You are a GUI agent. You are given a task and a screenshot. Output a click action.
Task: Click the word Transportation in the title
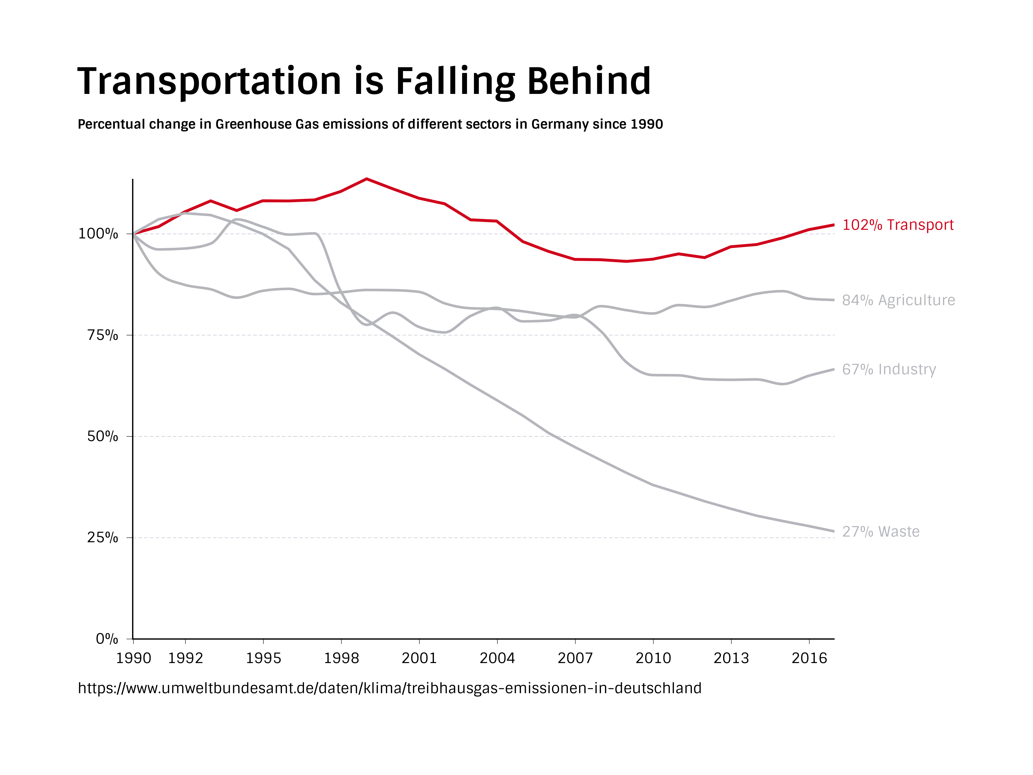coord(209,82)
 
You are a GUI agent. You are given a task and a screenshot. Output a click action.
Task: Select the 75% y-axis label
coord(103,335)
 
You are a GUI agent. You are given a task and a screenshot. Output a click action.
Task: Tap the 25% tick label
coord(103,538)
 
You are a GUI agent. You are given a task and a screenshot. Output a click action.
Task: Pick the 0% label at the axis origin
coord(107,639)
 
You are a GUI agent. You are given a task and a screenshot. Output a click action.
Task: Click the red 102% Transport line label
coord(898,225)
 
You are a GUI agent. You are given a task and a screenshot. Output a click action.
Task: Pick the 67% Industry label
coord(889,369)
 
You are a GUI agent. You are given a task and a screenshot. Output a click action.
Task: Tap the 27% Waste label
coord(881,532)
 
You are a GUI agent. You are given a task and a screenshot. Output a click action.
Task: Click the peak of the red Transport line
coord(367,179)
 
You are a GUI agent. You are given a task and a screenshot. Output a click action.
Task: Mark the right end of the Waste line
coord(833,531)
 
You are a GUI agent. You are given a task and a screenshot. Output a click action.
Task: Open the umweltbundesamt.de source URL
coord(390,688)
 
